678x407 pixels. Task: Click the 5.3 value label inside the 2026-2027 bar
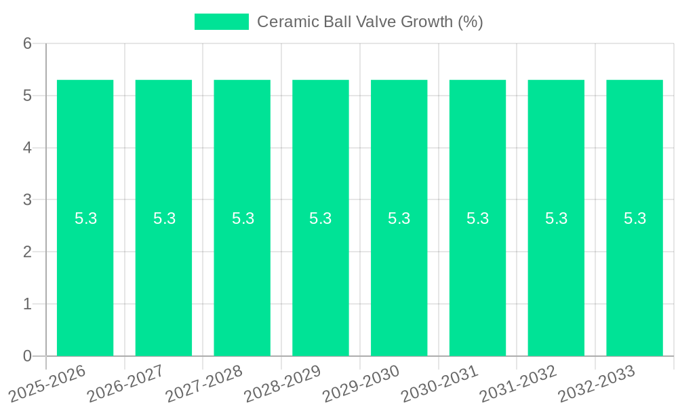[164, 218]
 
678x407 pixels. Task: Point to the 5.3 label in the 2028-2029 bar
[321, 218]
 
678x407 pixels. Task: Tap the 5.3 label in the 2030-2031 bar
[478, 218]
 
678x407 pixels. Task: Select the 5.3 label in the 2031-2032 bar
[556, 218]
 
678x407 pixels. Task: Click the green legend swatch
[221, 22]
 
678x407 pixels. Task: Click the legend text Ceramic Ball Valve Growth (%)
[370, 22]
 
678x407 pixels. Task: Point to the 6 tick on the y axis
[28, 43]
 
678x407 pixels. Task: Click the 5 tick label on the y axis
[28, 96]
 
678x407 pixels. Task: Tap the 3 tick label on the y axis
[28, 200]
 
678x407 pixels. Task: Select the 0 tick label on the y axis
[28, 356]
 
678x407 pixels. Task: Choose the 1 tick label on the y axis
[28, 304]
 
